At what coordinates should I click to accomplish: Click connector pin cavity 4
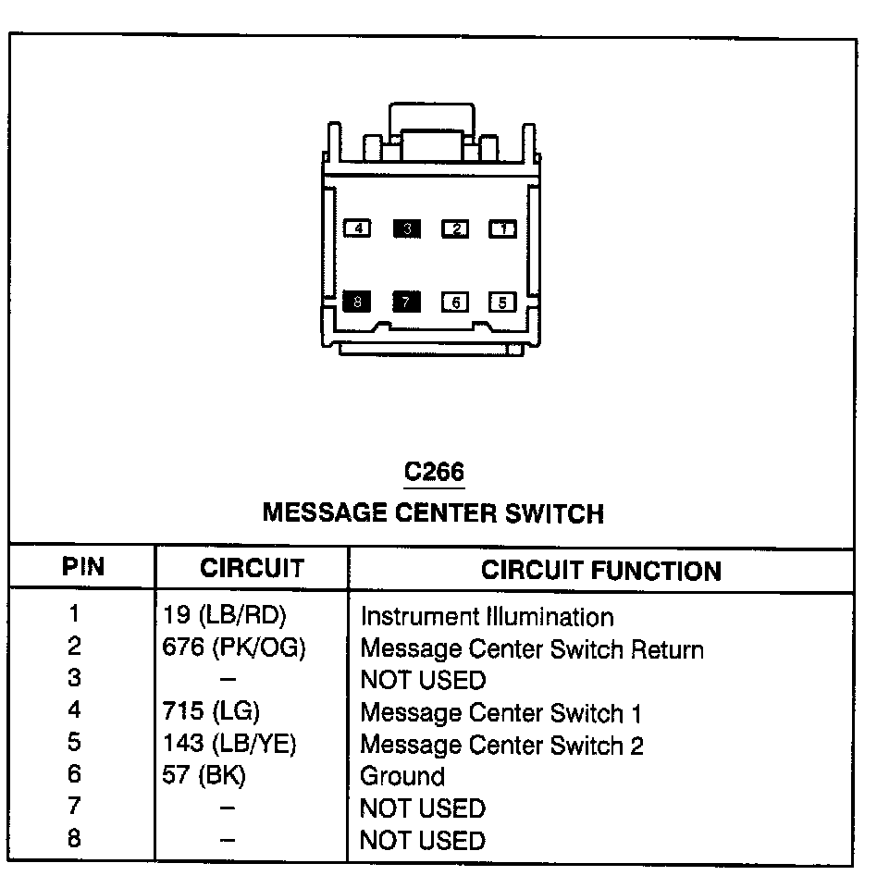[357, 228]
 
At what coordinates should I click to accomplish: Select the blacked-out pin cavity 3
[406, 228]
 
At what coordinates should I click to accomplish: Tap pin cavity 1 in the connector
[502, 228]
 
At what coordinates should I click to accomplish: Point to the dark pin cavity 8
[357, 301]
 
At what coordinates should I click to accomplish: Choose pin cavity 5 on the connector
[502, 301]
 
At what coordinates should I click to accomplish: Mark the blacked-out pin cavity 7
[406, 301]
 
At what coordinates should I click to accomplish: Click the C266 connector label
[434, 472]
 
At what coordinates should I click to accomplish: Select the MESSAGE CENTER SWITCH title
[433, 512]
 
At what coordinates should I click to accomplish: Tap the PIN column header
[83, 567]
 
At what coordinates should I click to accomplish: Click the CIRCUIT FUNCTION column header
[600, 570]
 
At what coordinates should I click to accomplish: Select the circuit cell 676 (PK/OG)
[234, 648]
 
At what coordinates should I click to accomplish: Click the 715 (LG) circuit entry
[211, 711]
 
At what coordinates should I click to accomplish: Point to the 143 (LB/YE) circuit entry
[229, 744]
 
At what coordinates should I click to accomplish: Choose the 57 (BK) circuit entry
[204, 775]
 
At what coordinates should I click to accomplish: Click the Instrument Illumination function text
[487, 617]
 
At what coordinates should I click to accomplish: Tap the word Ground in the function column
[402, 776]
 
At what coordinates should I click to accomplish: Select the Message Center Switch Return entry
[532, 649]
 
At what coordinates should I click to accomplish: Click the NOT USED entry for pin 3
[423, 681]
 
